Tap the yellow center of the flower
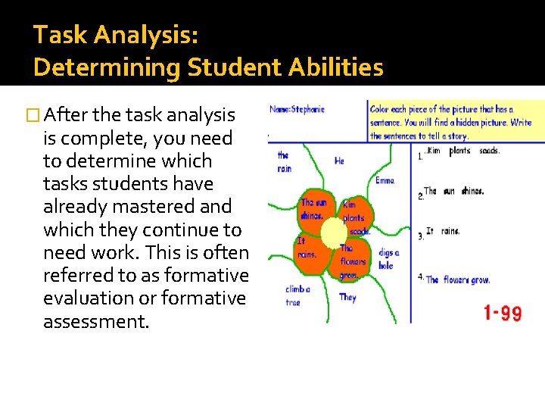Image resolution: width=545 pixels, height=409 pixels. click(x=333, y=233)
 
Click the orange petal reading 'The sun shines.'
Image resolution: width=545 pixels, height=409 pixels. click(x=314, y=208)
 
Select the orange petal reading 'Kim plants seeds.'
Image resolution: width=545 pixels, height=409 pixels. click(x=353, y=217)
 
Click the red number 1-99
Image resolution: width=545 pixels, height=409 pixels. click(x=503, y=313)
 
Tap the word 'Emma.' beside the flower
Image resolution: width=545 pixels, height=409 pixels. click(x=385, y=180)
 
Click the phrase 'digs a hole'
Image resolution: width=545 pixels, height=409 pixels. click(x=388, y=259)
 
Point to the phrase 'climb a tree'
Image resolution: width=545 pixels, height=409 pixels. click(x=295, y=295)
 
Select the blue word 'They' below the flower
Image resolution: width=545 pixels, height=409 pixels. click(x=347, y=298)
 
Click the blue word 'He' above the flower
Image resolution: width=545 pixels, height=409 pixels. click(x=339, y=161)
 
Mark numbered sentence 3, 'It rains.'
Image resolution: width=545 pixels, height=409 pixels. click(x=443, y=232)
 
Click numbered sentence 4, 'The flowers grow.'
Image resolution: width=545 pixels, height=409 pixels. click(x=457, y=279)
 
